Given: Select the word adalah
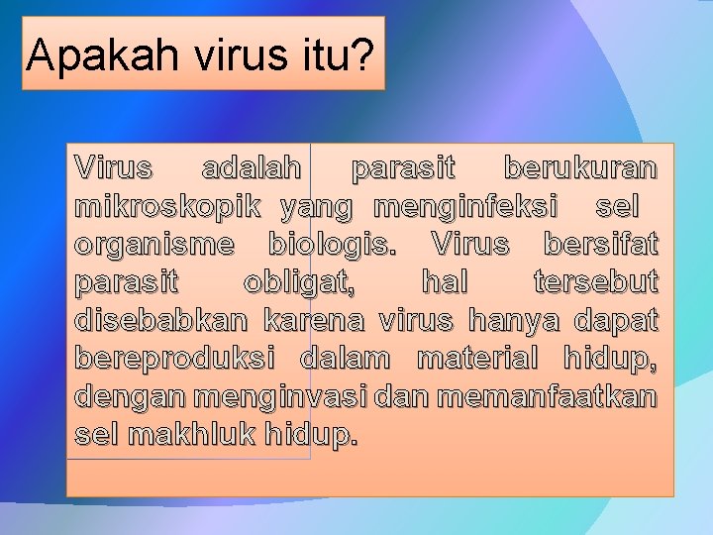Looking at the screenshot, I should [x=253, y=168].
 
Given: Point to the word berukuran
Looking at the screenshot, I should [x=579, y=168].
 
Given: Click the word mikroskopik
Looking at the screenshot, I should [x=167, y=206].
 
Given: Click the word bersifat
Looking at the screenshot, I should [x=600, y=244].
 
